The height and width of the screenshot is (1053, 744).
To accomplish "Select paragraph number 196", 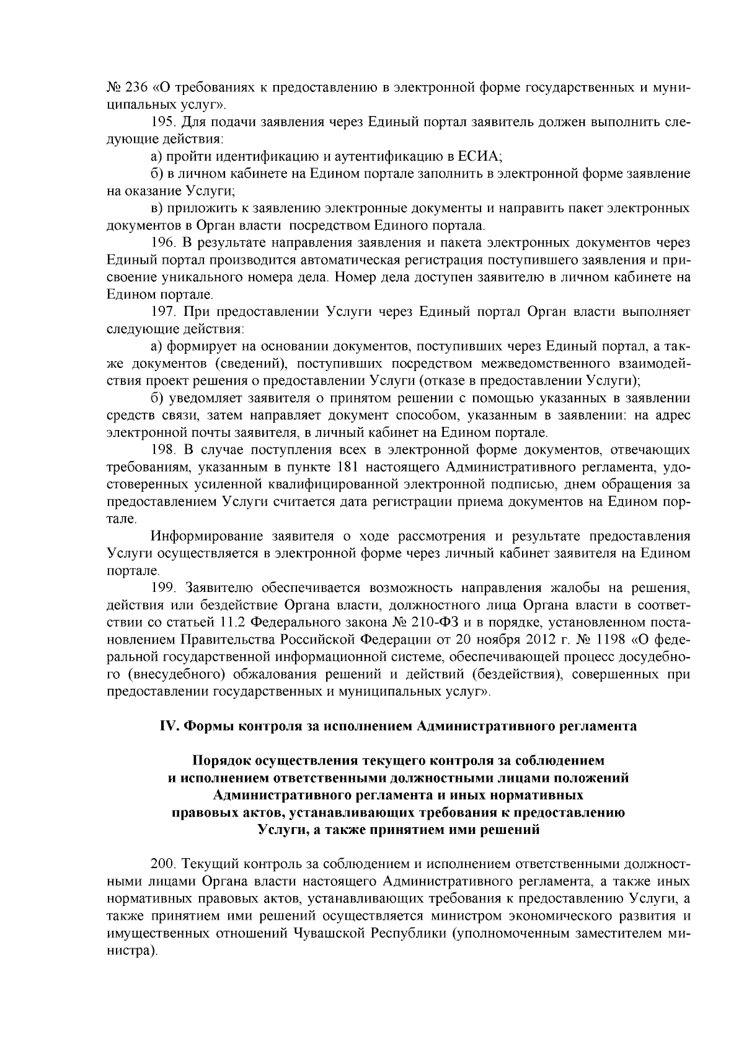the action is tap(164, 241).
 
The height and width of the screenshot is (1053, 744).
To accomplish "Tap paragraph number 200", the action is tap(164, 864).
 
